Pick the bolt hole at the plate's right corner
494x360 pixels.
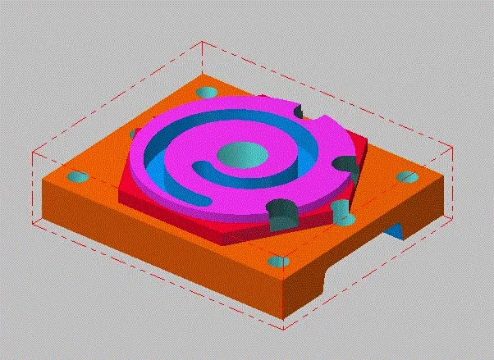coord(406,177)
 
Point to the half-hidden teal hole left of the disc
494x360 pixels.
coord(134,133)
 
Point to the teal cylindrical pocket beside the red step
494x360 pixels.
coord(341,212)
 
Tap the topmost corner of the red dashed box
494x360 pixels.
coord(203,43)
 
